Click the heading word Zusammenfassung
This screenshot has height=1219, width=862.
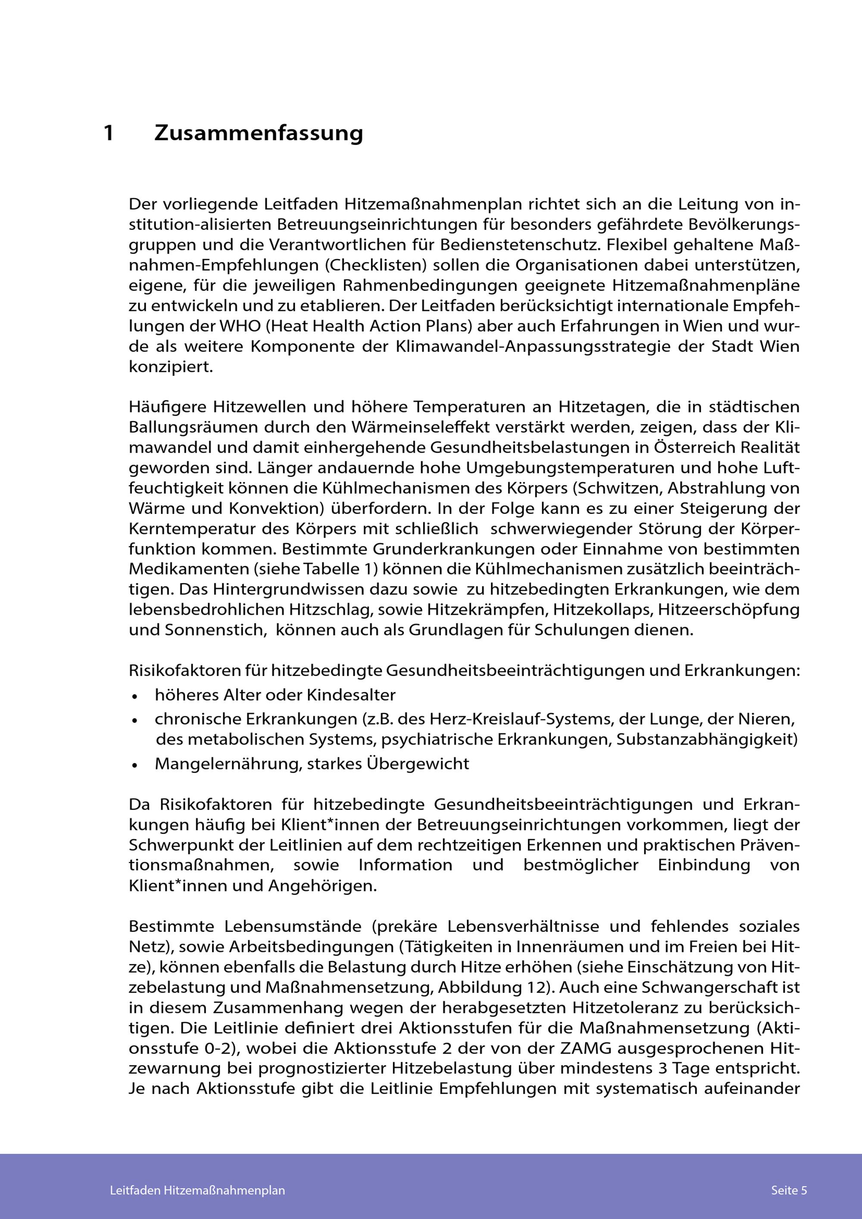click(x=259, y=133)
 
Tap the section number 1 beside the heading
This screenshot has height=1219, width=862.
click(x=109, y=133)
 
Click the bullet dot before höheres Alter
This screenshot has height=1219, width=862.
click(x=135, y=696)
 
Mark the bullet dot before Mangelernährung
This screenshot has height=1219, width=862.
click(x=135, y=765)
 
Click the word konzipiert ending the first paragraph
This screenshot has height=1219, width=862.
click(x=170, y=367)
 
